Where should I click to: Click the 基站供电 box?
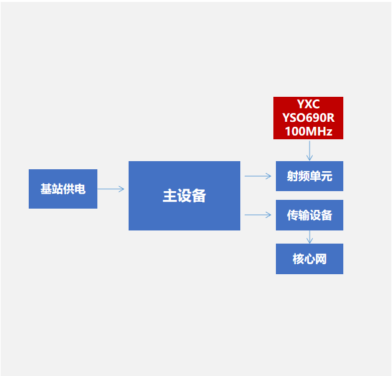click(62, 189)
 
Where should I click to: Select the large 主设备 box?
click(184, 195)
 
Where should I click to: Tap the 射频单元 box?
click(309, 176)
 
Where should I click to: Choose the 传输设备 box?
click(309, 215)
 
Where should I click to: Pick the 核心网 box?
click(309, 259)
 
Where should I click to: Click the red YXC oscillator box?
click(308, 117)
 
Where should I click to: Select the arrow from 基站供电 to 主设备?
click(111, 189)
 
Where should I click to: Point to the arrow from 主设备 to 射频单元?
click(257, 176)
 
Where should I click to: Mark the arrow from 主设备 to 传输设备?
click(257, 215)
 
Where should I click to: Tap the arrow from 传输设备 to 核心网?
click(310, 237)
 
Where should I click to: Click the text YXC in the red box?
click(308, 104)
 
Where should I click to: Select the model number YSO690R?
click(308, 117)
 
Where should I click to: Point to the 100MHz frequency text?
click(308, 131)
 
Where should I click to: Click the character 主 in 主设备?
click(170, 196)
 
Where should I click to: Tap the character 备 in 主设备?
click(199, 196)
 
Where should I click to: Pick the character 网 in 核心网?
click(321, 259)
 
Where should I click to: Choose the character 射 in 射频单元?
click(292, 177)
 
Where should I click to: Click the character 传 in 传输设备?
click(292, 215)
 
